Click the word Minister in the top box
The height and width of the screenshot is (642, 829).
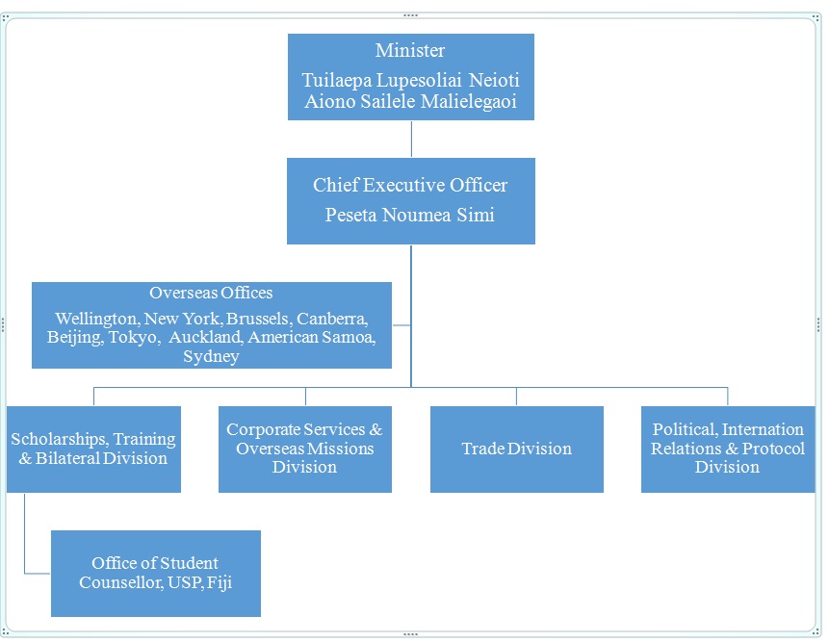click(x=410, y=51)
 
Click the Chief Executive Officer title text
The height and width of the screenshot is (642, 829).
click(x=410, y=185)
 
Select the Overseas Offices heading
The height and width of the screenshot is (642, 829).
click(x=211, y=293)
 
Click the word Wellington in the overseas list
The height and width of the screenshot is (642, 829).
click(x=96, y=319)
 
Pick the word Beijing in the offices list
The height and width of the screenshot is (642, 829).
click(x=73, y=337)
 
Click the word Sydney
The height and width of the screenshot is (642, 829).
click(x=211, y=356)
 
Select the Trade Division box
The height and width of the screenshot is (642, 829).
click(x=516, y=449)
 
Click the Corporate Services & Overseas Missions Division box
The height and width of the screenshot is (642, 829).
click(x=304, y=449)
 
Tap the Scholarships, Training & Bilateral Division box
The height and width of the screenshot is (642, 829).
click(x=93, y=449)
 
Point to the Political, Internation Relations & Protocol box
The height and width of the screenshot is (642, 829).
click(x=727, y=449)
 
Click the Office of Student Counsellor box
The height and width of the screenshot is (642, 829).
click(x=155, y=573)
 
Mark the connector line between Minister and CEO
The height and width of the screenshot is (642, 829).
click(x=411, y=139)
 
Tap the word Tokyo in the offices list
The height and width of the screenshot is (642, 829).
click(x=133, y=337)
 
